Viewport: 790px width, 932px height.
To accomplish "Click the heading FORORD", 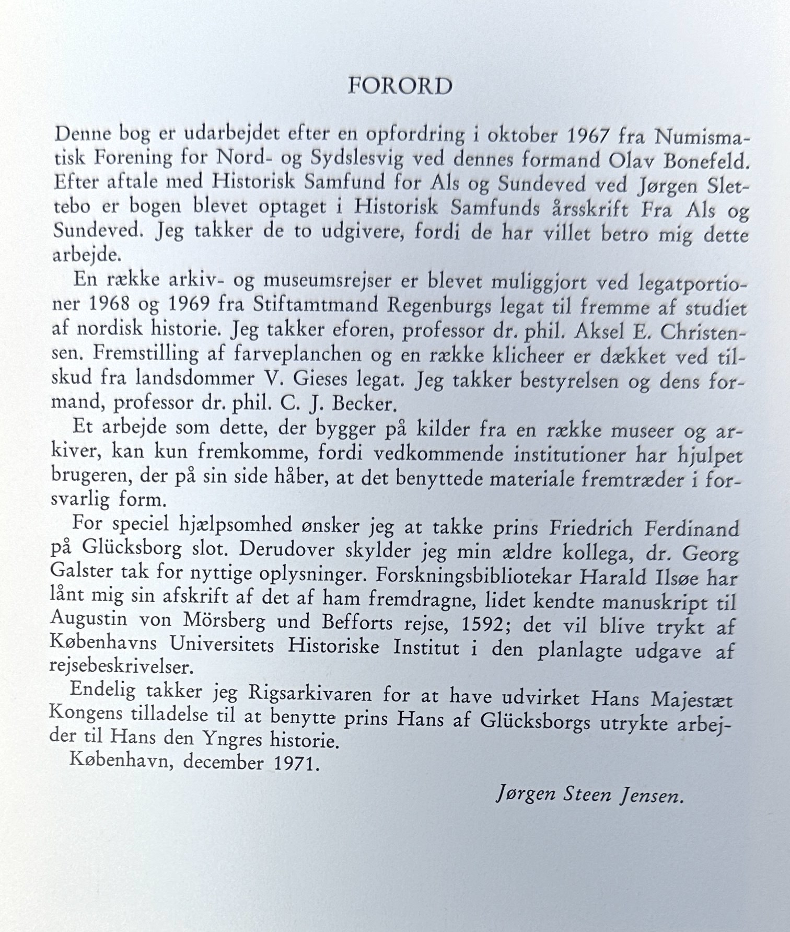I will (400, 86).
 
